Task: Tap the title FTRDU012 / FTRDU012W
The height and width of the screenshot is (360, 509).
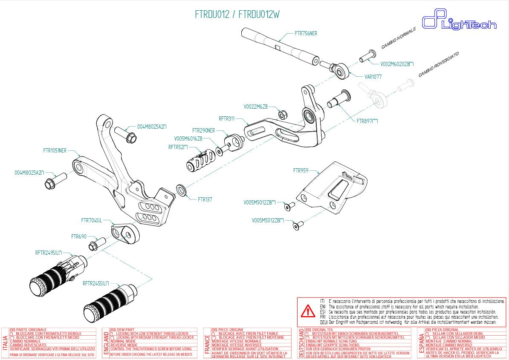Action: [237, 14]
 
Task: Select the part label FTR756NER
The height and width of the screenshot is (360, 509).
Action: [306, 33]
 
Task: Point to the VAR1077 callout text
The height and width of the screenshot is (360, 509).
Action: [373, 77]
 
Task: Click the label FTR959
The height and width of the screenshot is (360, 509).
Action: [301, 170]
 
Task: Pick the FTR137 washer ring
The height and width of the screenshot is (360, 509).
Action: [181, 190]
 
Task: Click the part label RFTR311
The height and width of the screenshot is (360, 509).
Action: [226, 119]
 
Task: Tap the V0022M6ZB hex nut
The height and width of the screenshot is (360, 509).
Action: [282, 115]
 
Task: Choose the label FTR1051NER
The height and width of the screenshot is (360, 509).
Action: [55, 150]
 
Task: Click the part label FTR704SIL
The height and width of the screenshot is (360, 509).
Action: [91, 221]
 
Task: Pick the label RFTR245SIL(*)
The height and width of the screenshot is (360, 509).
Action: [96, 283]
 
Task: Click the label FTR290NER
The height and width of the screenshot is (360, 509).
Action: [203, 131]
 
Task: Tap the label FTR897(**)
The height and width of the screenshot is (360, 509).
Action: [367, 121]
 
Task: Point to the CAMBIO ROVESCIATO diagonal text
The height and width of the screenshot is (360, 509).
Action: [438, 64]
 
